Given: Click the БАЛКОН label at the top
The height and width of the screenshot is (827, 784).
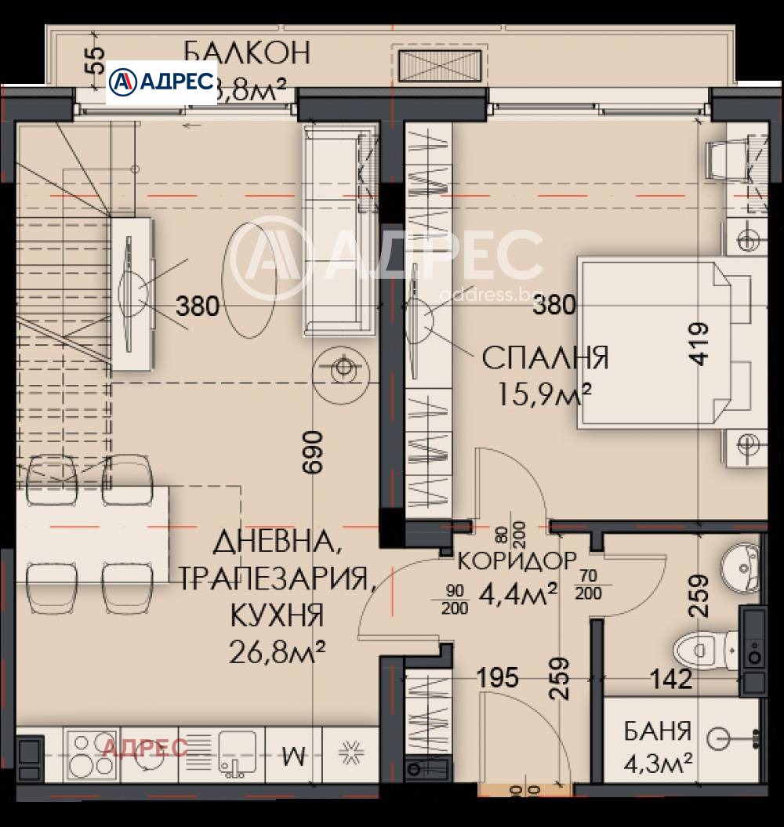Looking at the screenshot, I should [247, 53].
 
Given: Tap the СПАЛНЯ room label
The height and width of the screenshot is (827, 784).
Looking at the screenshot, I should [545, 358].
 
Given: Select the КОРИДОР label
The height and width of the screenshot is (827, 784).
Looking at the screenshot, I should [517, 561].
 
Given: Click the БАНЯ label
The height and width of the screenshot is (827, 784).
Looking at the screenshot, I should [658, 731].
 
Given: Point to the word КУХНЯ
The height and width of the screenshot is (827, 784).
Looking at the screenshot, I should [277, 615].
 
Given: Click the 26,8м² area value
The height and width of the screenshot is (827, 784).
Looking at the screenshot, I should [277, 650].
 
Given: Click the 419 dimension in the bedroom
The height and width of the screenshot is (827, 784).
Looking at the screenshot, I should [699, 343].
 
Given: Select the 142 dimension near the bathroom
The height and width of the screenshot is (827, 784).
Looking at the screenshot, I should [670, 679].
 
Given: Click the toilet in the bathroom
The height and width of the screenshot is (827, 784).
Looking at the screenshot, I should [702, 649].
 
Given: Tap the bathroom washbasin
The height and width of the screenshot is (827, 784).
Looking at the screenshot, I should [739, 565].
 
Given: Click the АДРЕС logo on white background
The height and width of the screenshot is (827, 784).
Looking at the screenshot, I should [162, 82].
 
